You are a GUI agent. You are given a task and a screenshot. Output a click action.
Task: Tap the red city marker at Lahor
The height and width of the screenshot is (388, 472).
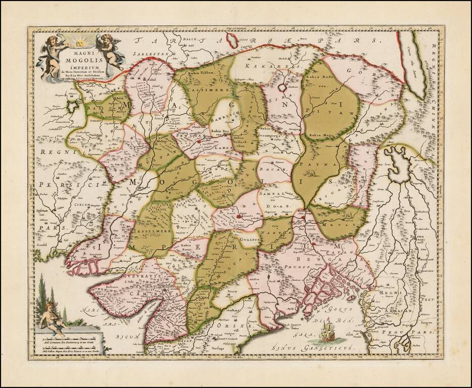point(199,142)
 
